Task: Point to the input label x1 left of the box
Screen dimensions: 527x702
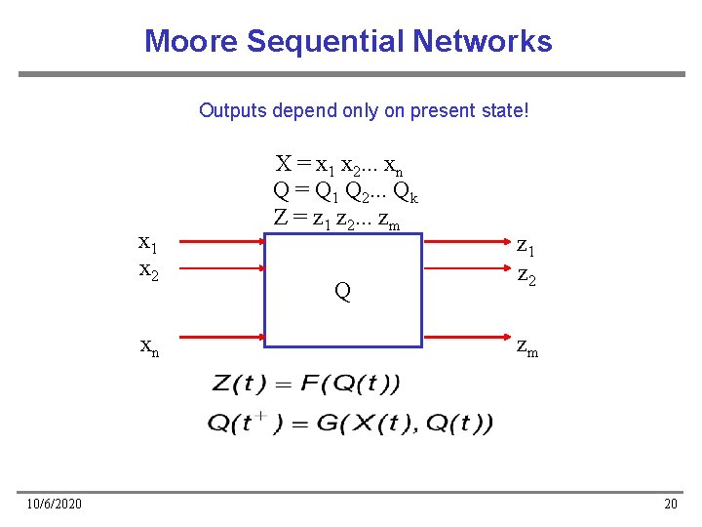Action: (149, 243)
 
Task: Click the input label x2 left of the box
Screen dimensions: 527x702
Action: (149, 269)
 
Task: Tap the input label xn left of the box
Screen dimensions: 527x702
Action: (150, 345)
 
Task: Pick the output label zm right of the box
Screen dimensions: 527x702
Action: (526, 345)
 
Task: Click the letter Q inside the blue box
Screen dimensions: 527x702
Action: (342, 291)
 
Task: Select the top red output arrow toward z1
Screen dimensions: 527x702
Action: (462, 242)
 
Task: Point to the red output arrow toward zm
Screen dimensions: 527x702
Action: (462, 339)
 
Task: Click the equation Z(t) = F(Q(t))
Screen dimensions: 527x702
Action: (305, 385)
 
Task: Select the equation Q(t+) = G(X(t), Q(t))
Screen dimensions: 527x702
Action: (350, 423)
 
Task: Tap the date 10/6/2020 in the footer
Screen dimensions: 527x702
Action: (55, 504)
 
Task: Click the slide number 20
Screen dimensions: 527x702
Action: (670, 504)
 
